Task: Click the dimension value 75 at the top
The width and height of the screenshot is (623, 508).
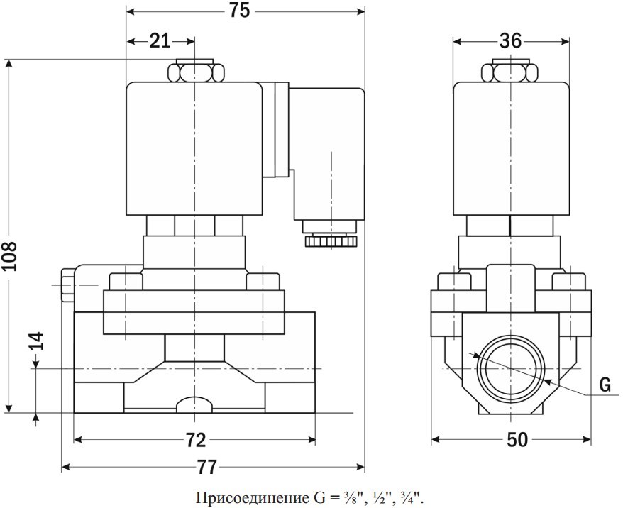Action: pyautogui.click(x=239, y=11)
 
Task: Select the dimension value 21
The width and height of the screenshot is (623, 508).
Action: pyautogui.click(x=160, y=40)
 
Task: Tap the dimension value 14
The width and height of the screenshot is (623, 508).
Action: pyautogui.click(x=37, y=341)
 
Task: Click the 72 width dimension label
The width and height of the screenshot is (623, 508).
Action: pyautogui.click(x=196, y=440)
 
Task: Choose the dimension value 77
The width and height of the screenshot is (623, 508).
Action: pyautogui.click(x=207, y=467)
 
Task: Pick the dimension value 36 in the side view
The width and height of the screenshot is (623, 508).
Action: pyautogui.click(x=510, y=40)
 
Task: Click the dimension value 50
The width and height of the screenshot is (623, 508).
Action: pyautogui.click(x=517, y=440)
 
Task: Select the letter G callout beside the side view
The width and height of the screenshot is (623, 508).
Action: pyautogui.click(x=605, y=385)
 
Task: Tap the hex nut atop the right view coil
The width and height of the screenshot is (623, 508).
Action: pyautogui.click(x=510, y=72)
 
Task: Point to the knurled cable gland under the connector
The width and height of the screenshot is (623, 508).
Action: pyautogui.click(x=331, y=241)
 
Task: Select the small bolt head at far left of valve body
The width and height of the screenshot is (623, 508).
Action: pyautogui.click(x=67, y=285)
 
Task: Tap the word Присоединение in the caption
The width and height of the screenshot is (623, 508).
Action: pyautogui.click(x=251, y=497)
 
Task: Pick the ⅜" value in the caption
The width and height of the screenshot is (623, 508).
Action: pyautogui.click(x=349, y=497)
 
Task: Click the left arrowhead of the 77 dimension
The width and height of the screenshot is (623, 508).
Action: pyautogui.click(x=66, y=468)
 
